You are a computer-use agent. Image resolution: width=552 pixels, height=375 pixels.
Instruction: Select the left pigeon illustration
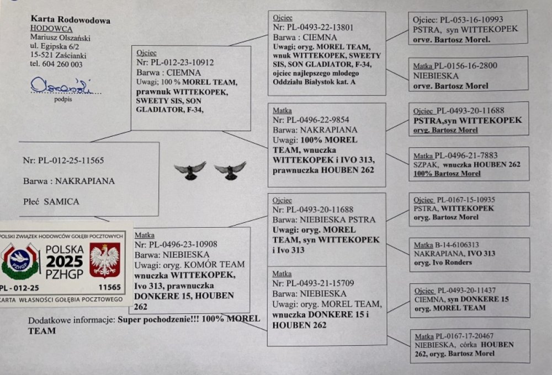[190, 170]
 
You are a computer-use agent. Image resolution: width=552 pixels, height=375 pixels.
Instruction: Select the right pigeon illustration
[230, 170]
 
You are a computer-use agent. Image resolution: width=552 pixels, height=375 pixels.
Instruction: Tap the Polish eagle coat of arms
[105, 260]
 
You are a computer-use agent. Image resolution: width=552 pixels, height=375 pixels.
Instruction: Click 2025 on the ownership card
[64, 261]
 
